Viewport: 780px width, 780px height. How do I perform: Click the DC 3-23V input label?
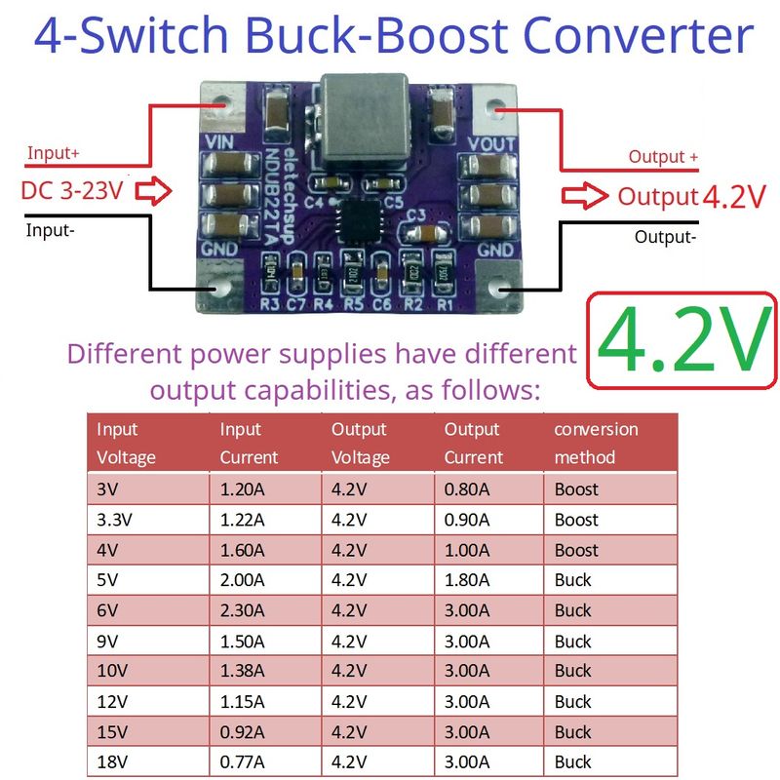[73, 191]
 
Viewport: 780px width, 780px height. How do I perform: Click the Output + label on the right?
[663, 156]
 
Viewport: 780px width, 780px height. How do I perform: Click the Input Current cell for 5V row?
[243, 580]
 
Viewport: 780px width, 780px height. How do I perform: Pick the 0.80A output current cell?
[467, 488]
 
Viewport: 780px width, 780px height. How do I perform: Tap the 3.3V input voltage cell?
[116, 520]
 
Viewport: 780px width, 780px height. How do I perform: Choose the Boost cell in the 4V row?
[576, 550]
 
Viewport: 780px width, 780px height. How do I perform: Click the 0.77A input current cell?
[243, 762]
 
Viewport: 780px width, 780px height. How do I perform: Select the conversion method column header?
[596, 443]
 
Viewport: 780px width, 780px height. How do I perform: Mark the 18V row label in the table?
[111, 762]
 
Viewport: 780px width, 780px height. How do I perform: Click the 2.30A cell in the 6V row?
[243, 610]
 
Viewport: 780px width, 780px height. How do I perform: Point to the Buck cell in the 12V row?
[573, 701]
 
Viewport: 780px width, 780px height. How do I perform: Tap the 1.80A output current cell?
[467, 580]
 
